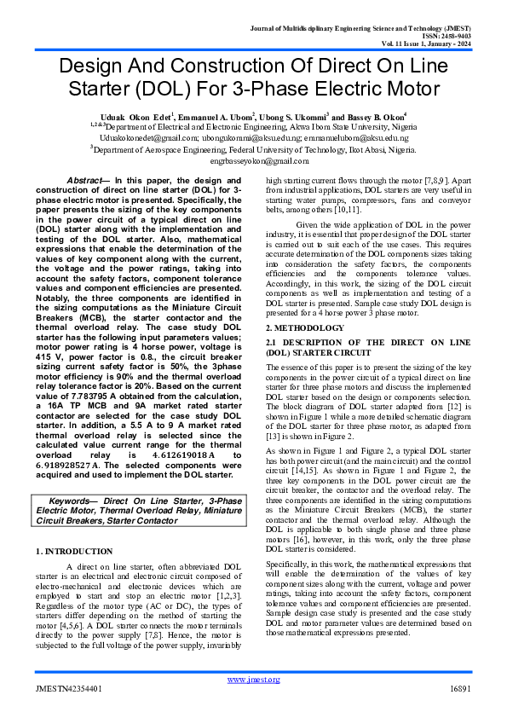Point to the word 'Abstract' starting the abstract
point(84,181)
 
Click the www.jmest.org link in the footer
point(253,679)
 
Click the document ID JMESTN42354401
point(70,688)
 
